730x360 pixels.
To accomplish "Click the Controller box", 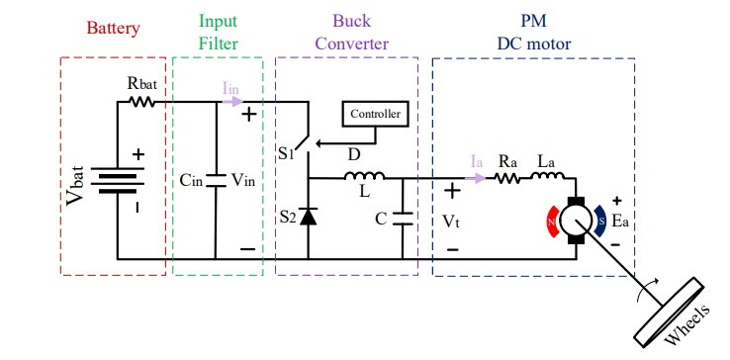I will [x=375, y=115].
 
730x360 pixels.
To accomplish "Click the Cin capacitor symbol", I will [x=216, y=182].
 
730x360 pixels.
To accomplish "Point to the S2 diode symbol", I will [x=309, y=217].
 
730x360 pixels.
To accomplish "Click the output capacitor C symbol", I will [x=403, y=219].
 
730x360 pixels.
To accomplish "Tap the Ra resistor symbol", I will [x=508, y=179].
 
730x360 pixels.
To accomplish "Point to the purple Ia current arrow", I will [x=479, y=179].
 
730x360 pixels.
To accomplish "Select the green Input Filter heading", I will [x=218, y=32].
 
